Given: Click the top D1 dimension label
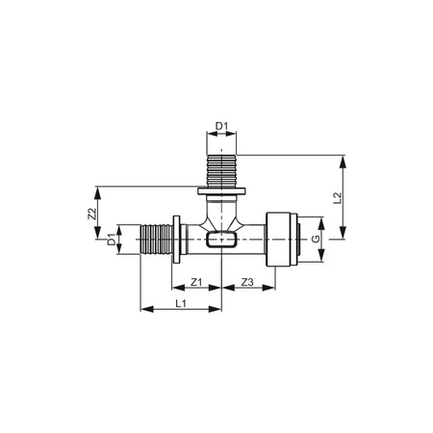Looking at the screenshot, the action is (x=221, y=126).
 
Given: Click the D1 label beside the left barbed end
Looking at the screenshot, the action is (x=111, y=240).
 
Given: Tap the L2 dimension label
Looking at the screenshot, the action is (x=337, y=198).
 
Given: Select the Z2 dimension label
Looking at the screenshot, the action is (x=92, y=214).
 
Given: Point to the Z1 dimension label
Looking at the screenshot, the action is (x=196, y=282).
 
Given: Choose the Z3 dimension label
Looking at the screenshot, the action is (x=247, y=282).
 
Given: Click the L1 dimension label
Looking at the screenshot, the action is (x=181, y=303).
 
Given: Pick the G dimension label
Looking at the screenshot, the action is (x=316, y=239).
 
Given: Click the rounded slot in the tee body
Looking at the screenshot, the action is (x=221, y=240).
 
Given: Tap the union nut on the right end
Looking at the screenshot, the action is (x=282, y=240).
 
